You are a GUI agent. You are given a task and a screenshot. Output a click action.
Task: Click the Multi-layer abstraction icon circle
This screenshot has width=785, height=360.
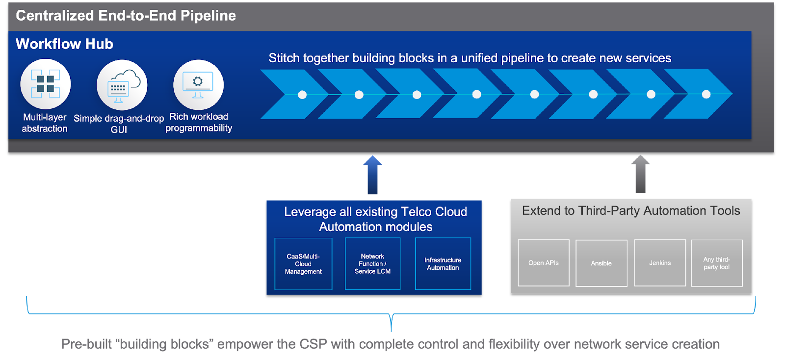coord(45,84)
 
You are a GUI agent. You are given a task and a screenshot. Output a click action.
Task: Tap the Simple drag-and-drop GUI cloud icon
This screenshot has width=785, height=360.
coord(122,85)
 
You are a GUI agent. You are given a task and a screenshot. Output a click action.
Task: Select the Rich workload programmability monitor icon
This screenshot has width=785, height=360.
coord(198,84)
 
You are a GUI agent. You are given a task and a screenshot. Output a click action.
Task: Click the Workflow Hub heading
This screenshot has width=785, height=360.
coord(64,44)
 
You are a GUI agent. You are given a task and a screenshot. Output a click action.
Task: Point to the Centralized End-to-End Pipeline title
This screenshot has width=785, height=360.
coord(126,16)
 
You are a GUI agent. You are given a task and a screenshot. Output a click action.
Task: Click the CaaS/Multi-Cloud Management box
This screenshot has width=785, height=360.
coord(303,264)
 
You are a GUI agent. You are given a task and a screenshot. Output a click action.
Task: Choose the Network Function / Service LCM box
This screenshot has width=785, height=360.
coord(372,264)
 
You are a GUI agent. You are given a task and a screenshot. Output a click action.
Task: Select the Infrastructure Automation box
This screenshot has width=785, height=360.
coord(443,264)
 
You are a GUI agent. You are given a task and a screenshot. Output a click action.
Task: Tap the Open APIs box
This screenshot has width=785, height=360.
coord(544,263)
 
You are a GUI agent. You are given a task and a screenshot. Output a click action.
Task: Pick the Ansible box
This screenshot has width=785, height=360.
coord(601,263)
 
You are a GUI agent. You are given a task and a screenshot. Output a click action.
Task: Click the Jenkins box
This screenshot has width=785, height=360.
coord(660,263)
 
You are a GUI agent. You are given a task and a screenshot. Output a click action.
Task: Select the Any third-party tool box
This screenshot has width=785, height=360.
coord(717,263)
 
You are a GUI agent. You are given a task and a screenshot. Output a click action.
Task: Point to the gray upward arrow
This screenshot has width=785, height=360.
coord(640,174)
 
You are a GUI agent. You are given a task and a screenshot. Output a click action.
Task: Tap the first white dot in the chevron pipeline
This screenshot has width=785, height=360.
coord(302,95)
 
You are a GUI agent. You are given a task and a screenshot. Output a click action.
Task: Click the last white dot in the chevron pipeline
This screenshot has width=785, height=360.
coord(706,94)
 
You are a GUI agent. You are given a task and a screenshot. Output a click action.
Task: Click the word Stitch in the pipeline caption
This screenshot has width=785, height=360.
coord(284,58)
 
